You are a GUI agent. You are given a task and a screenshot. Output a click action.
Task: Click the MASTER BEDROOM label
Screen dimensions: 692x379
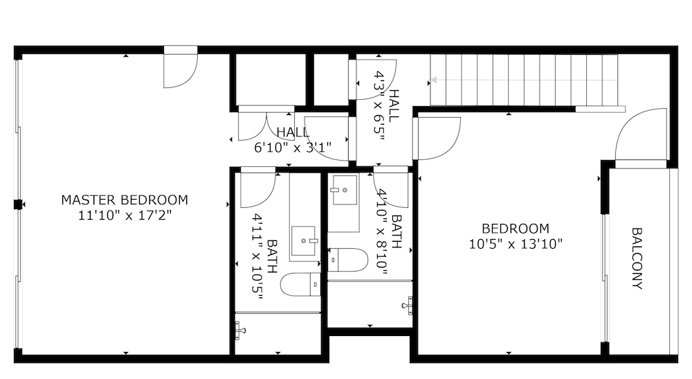click(125, 200)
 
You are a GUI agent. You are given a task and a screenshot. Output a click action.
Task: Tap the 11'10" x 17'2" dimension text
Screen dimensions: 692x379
click(125, 215)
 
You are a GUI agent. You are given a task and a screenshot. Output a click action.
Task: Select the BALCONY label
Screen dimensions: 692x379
click(637, 258)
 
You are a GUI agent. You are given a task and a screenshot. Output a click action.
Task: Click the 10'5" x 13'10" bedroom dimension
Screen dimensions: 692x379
click(516, 244)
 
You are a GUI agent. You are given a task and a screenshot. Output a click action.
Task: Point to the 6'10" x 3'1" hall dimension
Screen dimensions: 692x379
click(293, 147)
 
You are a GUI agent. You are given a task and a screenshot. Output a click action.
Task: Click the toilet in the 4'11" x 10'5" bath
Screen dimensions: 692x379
click(300, 284)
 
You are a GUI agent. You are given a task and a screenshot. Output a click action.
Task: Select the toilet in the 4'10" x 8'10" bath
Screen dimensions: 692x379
click(348, 260)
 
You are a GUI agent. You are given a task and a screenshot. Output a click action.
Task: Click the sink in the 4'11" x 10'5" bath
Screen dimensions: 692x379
click(304, 240)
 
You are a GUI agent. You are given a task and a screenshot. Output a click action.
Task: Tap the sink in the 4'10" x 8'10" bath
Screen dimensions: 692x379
click(345, 191)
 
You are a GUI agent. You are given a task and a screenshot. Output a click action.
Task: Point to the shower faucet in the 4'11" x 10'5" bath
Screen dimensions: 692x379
click(239, 330)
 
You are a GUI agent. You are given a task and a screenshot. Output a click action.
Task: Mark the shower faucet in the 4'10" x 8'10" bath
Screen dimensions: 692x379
click(408, 306)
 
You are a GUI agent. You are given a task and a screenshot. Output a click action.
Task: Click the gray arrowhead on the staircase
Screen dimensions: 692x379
click(433, 80)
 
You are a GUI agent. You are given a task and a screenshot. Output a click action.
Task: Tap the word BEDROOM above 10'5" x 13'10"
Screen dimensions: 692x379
click(516, 229)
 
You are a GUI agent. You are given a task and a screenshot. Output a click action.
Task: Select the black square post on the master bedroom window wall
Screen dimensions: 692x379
click(18, 204)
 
